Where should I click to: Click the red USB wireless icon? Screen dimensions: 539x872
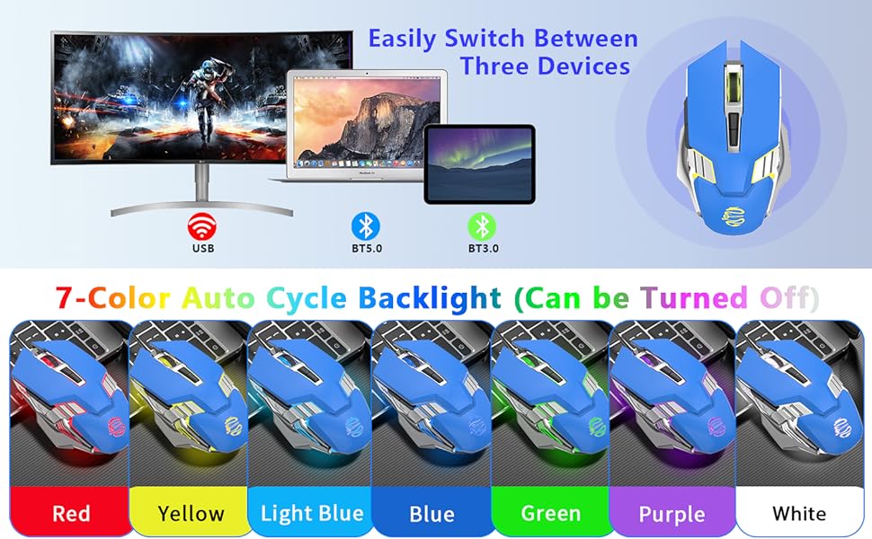click(x=202, y=225)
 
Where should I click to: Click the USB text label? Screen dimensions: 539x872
click(x=202, y=248)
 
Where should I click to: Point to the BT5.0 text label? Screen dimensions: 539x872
click(x=365, y=248)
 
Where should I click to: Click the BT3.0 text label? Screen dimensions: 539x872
click(x=483, y=248)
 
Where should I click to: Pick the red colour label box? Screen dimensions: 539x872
click(x=70, y=513)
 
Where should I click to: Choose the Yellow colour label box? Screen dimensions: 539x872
click(x=191, y=513)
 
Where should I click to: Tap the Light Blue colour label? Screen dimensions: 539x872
click(x=311, y=513)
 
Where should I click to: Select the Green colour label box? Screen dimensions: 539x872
click(x=550, y=513)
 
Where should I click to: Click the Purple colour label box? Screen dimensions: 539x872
click(x=672, y=513)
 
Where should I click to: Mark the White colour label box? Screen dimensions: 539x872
click(x=798, y=513)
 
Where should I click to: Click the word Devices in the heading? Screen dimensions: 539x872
click(x=585, y=66)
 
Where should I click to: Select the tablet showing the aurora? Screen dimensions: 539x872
click(x=479, y=162)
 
